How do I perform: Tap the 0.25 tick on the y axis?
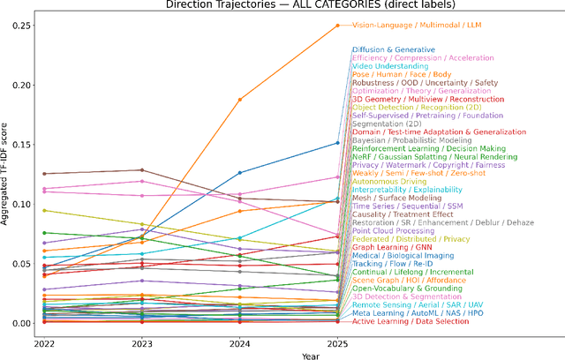click(19, 26)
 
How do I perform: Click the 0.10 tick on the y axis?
click(19, 204)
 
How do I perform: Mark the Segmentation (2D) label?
click(386, 124)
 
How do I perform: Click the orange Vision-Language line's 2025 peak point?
click(337, 26)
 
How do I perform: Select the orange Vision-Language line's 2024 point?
click(239, 100)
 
